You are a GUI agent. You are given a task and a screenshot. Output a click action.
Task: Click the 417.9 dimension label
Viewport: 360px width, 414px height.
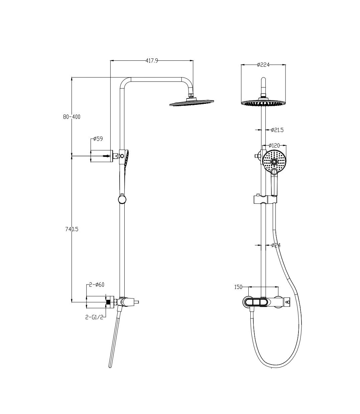click(x=151, y=60)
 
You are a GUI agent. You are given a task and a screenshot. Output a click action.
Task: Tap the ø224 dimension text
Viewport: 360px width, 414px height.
click(x=263, y=65)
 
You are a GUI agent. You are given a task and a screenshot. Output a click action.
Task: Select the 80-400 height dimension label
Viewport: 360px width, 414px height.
click(x=72, y=117)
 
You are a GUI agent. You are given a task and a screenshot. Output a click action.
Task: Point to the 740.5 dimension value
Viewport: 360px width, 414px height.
click(x=72, y=229)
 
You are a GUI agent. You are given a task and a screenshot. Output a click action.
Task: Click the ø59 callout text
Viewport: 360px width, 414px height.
click(x=98, y=139)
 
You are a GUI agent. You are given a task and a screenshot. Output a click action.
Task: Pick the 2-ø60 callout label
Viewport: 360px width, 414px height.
click(x=97, y=284)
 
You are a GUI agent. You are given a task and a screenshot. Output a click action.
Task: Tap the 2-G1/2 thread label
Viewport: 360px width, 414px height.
click(x=94, y=317)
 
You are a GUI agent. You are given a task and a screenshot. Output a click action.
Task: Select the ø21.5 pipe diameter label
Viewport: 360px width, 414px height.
click(x=277, y=130)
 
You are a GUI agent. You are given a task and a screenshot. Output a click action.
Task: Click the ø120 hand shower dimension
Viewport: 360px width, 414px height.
click(x=274, y=145)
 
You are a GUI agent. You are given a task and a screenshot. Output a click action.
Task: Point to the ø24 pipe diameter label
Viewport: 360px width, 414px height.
click(x=276, y=245)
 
